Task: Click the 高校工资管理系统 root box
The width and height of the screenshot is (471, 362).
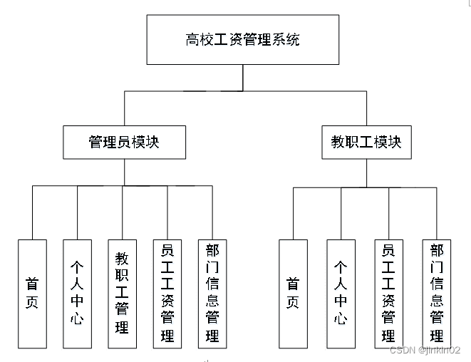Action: tap(243, 40)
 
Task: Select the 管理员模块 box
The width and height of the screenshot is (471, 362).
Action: tap(124, 142)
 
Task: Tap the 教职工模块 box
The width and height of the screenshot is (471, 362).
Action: tap(366, 142)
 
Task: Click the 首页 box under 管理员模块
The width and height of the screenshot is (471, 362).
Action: tap(32, 294)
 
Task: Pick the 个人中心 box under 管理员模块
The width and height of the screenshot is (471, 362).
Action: tap(78, 294)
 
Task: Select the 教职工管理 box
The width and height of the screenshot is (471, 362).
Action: tap(122, 294)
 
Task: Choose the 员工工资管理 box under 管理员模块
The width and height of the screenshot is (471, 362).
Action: tap(167, 294)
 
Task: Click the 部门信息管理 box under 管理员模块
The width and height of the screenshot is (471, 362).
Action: tap(212, 294)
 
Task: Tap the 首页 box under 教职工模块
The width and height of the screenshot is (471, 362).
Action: tap(293, 294)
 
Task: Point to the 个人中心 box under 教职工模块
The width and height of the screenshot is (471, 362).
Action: tap(341, 294)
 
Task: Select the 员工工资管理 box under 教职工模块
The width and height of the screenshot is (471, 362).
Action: tap(389, 294)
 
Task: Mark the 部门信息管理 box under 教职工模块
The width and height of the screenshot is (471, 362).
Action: tap(436, 294)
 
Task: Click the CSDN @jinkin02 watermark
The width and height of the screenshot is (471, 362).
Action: tap(424, 351)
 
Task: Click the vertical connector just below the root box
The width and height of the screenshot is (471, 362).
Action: tap(243, 78)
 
